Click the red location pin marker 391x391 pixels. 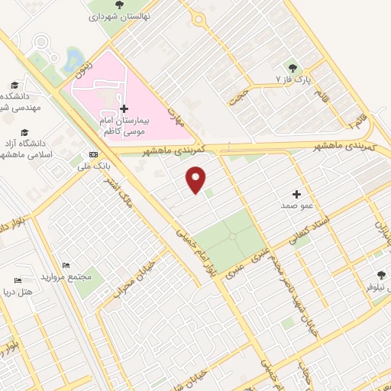(196, 179)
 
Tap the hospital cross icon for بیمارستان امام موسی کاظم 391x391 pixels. (124, 108)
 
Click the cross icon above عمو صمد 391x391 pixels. (296, 194)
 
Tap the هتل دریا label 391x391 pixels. (34, 292)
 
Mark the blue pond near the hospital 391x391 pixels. (74, 59)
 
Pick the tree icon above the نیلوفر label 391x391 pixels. (382, 276)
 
